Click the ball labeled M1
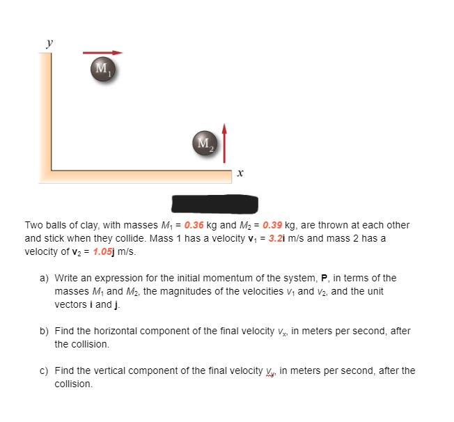(x=102, y=68)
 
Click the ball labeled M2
(x=203, y=143)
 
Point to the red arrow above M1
(x=103, y=52)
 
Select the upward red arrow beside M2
(x=224, y=140)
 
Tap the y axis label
(x=49, y=42)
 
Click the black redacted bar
(x=215, y=204)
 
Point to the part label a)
(x=44, y=279)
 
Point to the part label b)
(x=44, y=331)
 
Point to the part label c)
(x=44, y=370)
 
